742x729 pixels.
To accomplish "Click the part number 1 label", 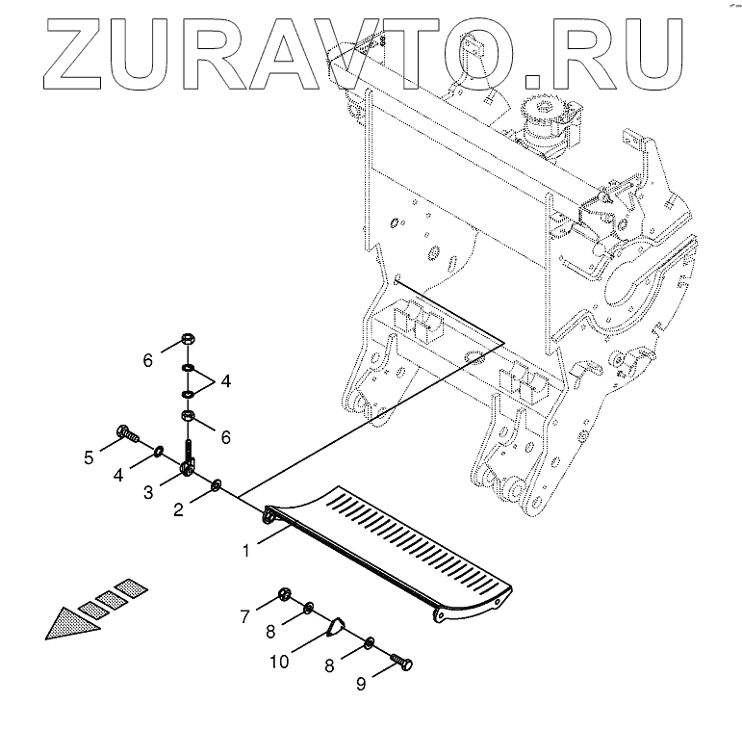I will [x=246, y=552].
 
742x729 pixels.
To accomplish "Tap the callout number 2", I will [x=178, y=510].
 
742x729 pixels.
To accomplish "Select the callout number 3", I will [x=149, y=493].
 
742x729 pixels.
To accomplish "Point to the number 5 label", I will [x=89, y=457].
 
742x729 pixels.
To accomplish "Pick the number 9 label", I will [x=361, y=685].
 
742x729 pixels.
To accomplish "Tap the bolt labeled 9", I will [x=401, y=663].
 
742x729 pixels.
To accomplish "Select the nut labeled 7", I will [x=286, y=593].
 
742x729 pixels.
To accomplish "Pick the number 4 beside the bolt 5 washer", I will [x=118, y=474].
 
